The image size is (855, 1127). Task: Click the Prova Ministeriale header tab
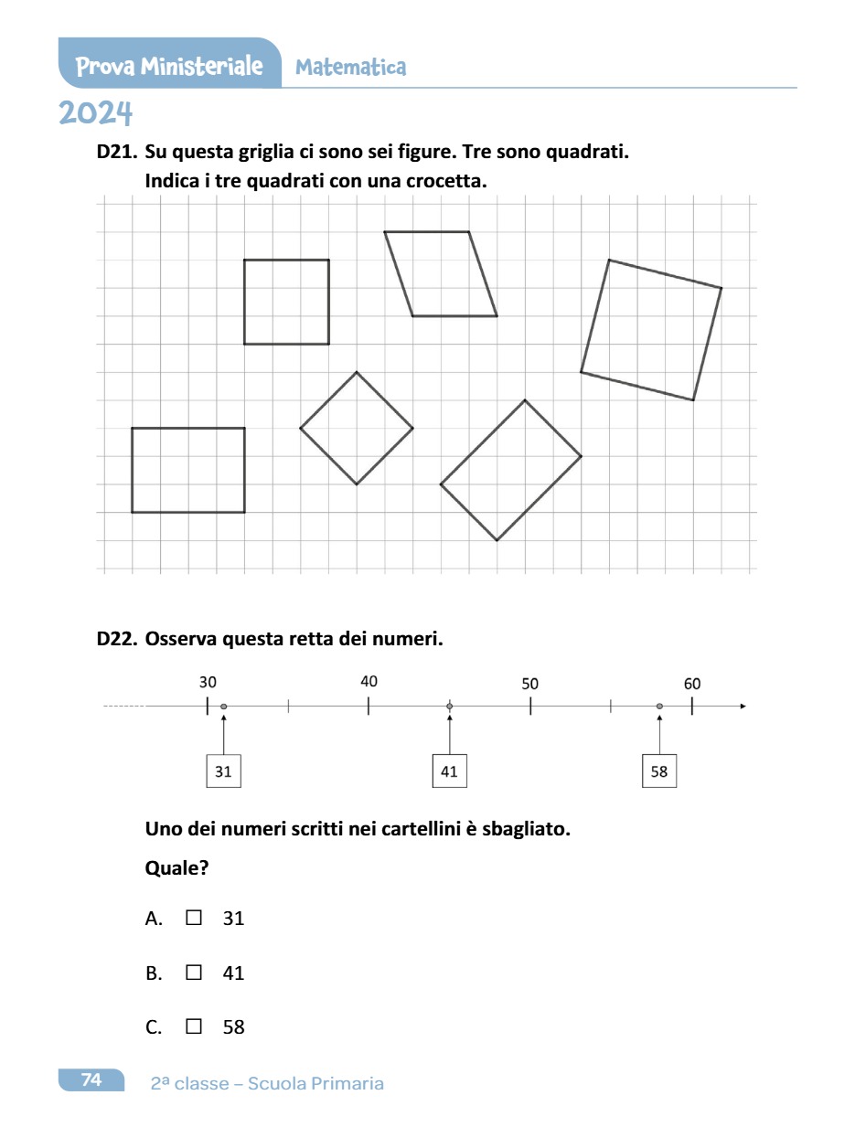pos(169,66)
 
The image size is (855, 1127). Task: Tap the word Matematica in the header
pos(351,67)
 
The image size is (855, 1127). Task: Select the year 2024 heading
pos(96,114)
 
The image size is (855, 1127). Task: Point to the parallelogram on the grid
pos(441,273)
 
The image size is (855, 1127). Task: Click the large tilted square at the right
pos(651,330)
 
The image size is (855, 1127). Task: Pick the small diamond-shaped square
pos(357,428)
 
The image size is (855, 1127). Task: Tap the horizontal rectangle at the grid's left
pos(188,470)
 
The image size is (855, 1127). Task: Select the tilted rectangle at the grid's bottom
pos(511,470)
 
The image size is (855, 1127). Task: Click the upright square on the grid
pos(286,302)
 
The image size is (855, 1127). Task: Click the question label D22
pos(116,639)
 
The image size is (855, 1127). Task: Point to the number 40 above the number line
pos(369,682)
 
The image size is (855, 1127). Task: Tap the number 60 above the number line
pos(692,684)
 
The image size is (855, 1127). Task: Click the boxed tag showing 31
pos(223,771)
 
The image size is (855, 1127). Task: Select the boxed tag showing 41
pos(449,771)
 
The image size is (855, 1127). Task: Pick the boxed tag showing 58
pos(659,771)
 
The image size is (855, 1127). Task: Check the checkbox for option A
pos(193,918)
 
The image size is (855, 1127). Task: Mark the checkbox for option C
pos(193,1026)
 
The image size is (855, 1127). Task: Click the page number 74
pos(91,1080)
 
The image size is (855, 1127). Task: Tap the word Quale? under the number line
pos(176,868)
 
